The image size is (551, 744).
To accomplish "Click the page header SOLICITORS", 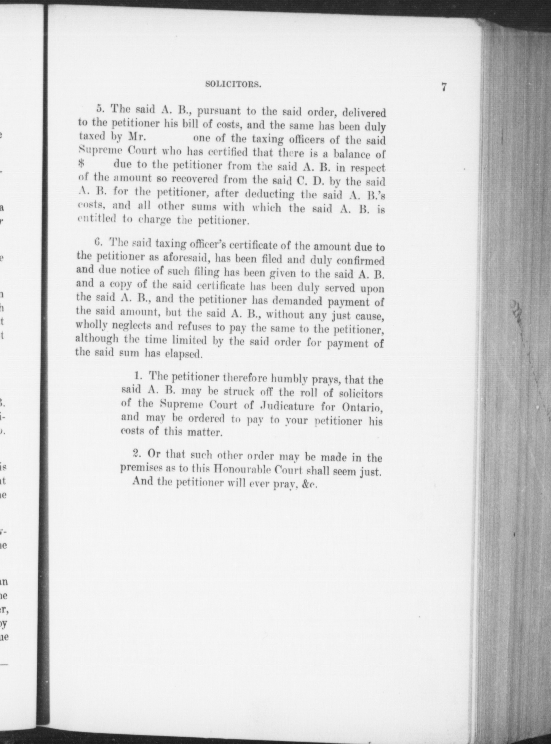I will pos(233,85).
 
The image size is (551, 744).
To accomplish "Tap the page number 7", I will pos(444,87).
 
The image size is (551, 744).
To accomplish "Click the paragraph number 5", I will pos(99,109).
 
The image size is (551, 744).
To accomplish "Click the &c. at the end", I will pos(309,485).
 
